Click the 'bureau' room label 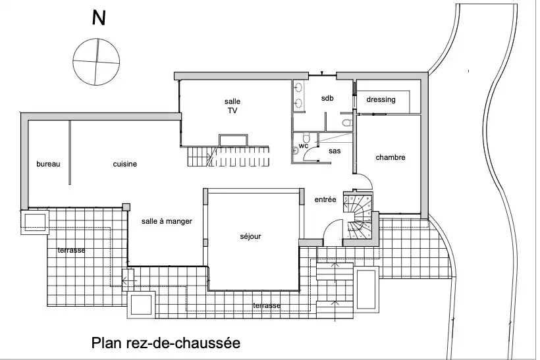pos(48,164)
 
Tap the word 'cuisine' pos(125,164)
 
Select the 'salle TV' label pos(232,106)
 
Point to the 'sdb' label pos(327,98)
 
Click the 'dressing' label pos(381,99)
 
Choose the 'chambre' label pos(391,157)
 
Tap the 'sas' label pos(335,151)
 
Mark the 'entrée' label pos(325,199)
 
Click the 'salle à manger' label pos(167,221)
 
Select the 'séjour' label pos(250,236)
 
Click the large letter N pos(99,18)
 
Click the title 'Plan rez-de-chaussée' pos(166,343)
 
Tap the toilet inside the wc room pos(307,138)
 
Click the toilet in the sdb pos(347,122)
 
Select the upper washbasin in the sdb pos(298,88)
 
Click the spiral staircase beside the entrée pos(359,216)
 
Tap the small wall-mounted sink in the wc pos(295,150)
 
